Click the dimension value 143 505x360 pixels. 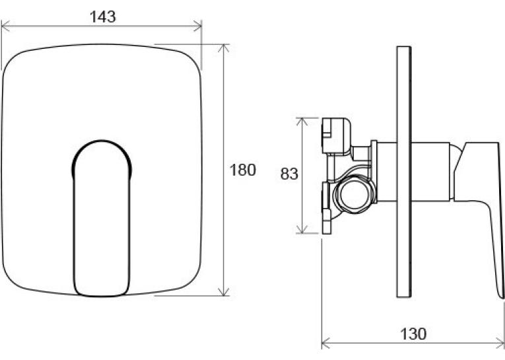[x=102, y=17]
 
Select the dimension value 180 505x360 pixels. [x=242, y=170]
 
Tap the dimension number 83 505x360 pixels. [x=289, y=174]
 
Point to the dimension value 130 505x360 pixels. [x=413, y=334]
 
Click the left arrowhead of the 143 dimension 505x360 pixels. [x=5, y=26]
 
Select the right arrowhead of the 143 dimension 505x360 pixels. [x=197, y=26]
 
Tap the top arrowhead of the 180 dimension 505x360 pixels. [x=224, y=48]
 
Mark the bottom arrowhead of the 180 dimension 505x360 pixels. [x=224, y=291]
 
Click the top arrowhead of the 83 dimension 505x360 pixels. [x=302, y=122]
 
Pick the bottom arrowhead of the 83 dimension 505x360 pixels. [x=302, y=229]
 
